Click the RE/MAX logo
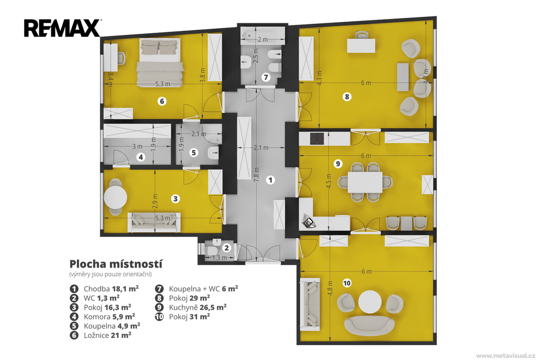(x=62, y=29)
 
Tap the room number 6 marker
(x=162, y=101)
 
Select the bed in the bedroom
(x=160, y=62)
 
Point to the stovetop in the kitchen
(x=317, y=139)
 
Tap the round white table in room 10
(x=370, y=302)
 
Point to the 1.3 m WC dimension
(x=219, y=258)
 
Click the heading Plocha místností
(x=116, y=264)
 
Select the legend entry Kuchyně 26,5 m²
(x=198, y=307)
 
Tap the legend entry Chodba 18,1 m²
(x=104, y=289)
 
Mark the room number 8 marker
(x=347, y=97)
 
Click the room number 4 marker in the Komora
(x=141, y=157)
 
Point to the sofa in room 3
(x=154, y=222)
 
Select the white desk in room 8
(x=361, y=45)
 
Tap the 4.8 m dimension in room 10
(x=331, y=288)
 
